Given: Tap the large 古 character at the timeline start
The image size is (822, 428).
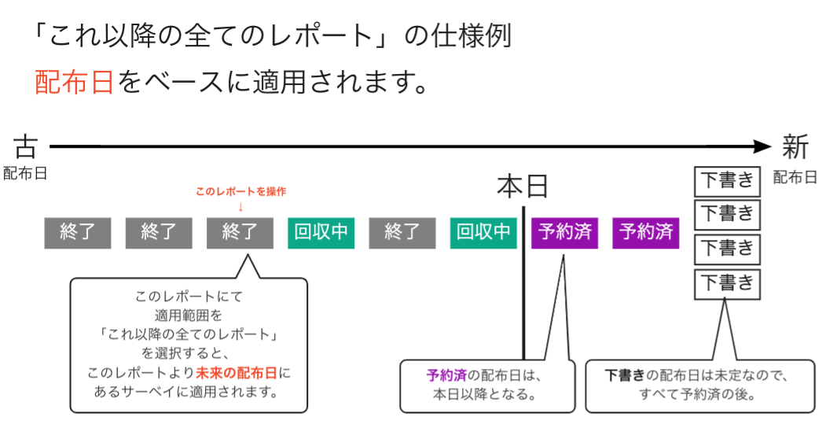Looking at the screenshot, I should coord(25,146).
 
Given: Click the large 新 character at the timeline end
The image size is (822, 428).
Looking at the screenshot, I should coord(795,146).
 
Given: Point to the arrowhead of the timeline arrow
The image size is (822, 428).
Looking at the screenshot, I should coord(762,146).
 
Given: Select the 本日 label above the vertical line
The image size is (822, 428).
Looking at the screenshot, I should coord(523,188).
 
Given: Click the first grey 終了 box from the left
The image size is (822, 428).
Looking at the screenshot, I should coord(77,232).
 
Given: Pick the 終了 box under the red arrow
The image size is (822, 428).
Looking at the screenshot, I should coord(240,232).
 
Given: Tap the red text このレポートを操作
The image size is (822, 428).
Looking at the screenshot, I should coord(240,192).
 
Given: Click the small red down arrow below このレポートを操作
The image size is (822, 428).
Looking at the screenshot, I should coord(240,207).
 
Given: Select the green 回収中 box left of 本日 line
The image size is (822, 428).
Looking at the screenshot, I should coord(483,232).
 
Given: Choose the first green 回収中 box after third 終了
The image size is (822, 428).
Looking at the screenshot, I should coord(321,232).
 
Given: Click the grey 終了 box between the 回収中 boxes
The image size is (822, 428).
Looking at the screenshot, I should coord(402,232).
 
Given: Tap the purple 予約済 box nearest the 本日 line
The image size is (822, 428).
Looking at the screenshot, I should coord(564,232).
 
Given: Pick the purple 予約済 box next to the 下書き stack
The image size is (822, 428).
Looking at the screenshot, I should coord(645,232).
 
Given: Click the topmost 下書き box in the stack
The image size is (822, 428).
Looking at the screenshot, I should coord(727,181).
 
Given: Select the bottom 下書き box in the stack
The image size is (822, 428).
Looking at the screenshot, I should coord(727,282).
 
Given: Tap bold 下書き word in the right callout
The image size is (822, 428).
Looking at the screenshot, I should coord(626,376).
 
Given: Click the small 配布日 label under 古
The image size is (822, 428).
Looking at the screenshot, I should coord(25,174).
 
